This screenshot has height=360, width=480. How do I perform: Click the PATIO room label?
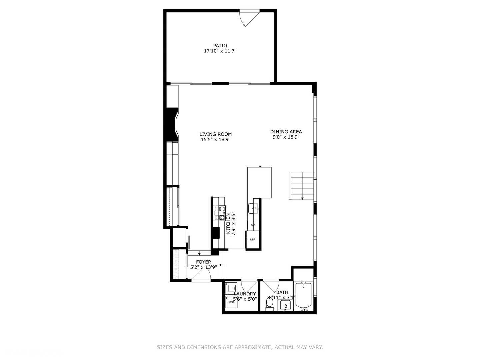pyautogui.click(x=220, y=46)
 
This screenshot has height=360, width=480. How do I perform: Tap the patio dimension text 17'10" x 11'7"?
pyautogui.click(x=220, y=51)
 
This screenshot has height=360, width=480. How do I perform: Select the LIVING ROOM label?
pyautogui.click(x=216, y=134)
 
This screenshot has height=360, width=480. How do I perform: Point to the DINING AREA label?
pyautogui.click(x=286, y=132)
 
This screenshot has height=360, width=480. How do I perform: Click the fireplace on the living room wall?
pyautogui.click(x=172, y=125)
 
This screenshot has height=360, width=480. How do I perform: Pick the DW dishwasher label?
pyautogui.click(x=253, y=225)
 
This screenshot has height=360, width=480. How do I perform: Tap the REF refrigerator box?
pyautogui.click(x=252, y=239)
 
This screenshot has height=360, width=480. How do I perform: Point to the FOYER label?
pyautogui.click(x=203, y=262)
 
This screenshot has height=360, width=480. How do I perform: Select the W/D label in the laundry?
pyautogui.click(x=231, y=302)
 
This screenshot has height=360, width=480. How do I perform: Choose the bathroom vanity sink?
pyautogui.click(x=285, y=305)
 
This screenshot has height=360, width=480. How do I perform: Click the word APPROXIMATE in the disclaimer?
pyautogui.click(x=253, y=347)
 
